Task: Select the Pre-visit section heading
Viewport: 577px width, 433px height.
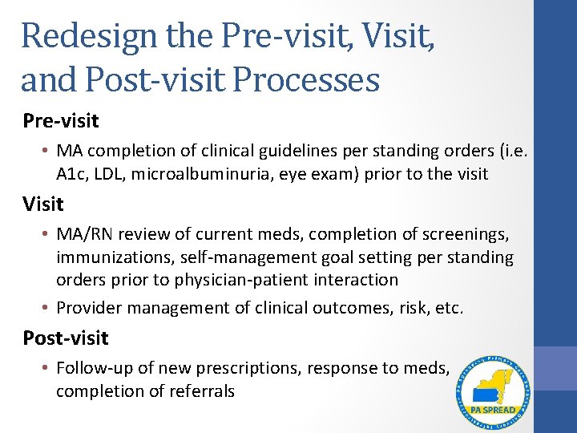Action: [x=61, y=121]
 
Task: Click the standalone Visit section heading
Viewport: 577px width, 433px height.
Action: [x=43, y=204]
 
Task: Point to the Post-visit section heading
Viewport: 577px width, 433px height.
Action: [x=66, y=338]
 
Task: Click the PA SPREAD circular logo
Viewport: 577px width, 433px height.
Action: [x=494, y=392]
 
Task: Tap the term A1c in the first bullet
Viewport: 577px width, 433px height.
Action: [x=71, y=174]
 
